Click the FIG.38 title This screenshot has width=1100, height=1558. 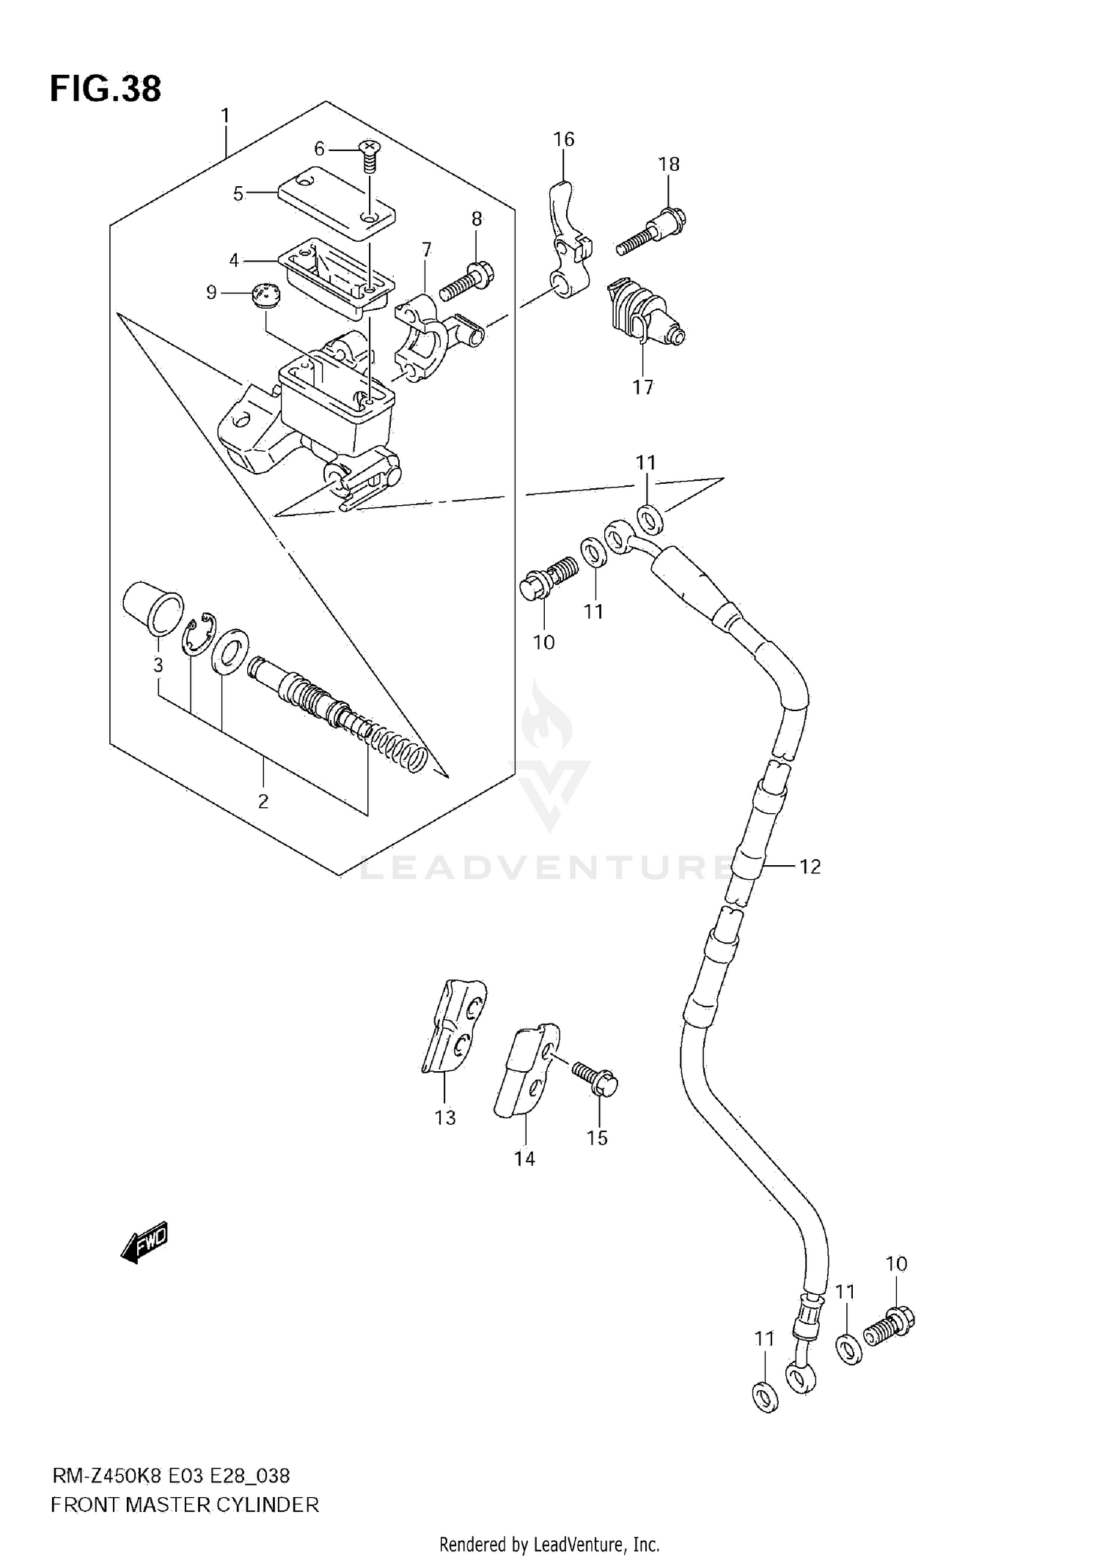[x=106, y=89]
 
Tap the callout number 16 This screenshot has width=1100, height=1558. [x=563, y=139]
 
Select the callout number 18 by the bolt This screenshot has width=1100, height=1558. [x=669, y=164]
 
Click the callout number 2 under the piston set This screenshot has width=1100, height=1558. [x=263, y=801]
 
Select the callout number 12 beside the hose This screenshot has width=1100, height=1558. [x=810, y=867]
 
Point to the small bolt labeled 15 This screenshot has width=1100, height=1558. [x=595, y=1080]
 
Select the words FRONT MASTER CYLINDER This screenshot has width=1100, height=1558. [x=185, y=1506]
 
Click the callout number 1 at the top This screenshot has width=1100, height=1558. [x=225, y=116]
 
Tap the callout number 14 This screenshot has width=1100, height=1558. [x=524, y=1158]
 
